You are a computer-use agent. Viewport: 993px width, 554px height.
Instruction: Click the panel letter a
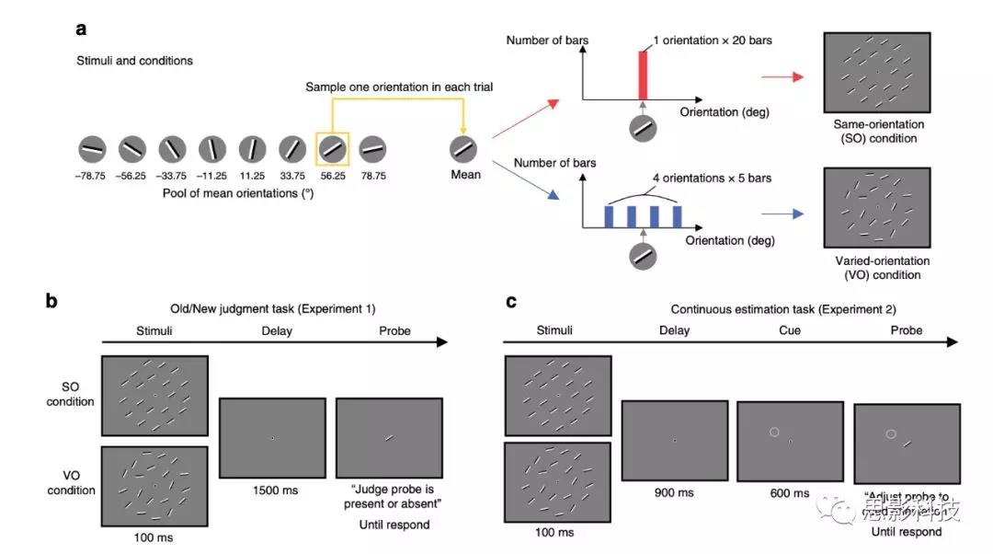click(x=82, y=29)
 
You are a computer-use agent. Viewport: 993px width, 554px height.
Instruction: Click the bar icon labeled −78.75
click(x=92, y=148)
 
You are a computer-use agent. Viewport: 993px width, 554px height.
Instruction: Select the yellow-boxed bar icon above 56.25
click(x=332, y=148)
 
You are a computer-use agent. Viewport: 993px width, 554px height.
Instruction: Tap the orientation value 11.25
click(x=252, y=176)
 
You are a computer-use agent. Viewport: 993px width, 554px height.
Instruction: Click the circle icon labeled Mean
click(x=464, y=148)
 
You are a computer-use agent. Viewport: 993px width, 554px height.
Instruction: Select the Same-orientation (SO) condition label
click(x=878, y=131)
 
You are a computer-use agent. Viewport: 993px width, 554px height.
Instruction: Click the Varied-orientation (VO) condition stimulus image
click(x=878, y=214)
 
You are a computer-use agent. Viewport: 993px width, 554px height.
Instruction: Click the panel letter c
click(x=512, y=300)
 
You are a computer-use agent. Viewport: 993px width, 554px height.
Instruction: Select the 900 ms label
click(x=674, y=492)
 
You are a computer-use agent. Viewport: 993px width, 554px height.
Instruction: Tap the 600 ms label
click(x=790, y=492)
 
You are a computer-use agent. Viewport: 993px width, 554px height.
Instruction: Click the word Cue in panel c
click(x=790, y=330)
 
